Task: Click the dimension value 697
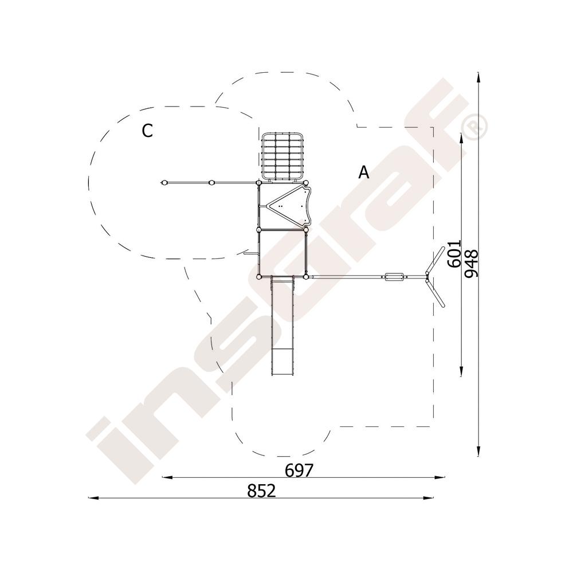(x=299, y=470)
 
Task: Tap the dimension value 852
(x=261, y=491)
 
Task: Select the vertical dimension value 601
(x=454, y=254)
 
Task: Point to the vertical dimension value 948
(x=471, y=264)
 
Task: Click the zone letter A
(x=364, y=172)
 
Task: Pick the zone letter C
(x=147, y=131)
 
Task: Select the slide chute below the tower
(x=282, y=325)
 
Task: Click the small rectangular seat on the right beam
(x=394, y=277)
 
